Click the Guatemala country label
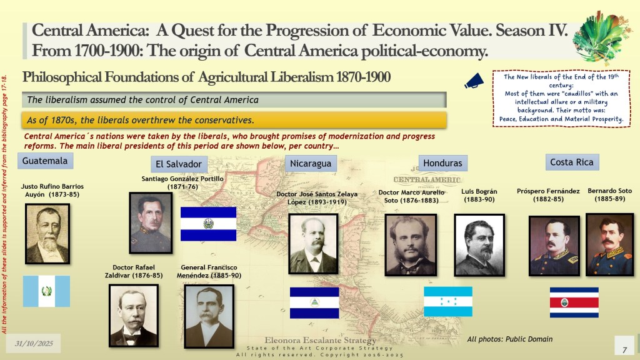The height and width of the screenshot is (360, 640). tap(45, 161)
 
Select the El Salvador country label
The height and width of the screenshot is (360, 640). tap(179, 164)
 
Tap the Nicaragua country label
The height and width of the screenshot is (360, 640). tap(311, 164)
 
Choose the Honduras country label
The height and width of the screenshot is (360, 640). tap(443, 163)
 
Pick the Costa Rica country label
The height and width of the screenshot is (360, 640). tap(572, 162)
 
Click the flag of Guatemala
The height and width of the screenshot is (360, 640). tap(46, 291)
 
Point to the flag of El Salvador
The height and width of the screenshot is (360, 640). tap(208, 224)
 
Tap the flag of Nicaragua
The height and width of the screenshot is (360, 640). tap(314, 303)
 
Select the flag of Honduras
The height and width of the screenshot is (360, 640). tap(448, 302)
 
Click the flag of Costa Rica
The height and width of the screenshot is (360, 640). tap(574, 302)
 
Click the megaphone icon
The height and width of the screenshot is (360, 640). tap(474, 81)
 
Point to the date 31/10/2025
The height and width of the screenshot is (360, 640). tap(34, 344)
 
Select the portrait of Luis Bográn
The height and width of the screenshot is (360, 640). tap(479, 245)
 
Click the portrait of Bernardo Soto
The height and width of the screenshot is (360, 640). tap(610, 244)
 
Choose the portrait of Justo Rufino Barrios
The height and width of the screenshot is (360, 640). tap(47, 234)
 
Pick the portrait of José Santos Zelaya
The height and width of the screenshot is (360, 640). tap(314, 244)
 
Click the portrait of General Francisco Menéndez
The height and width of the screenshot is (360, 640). tap(209, 316)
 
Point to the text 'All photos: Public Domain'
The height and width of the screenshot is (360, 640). tap(510, 339)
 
